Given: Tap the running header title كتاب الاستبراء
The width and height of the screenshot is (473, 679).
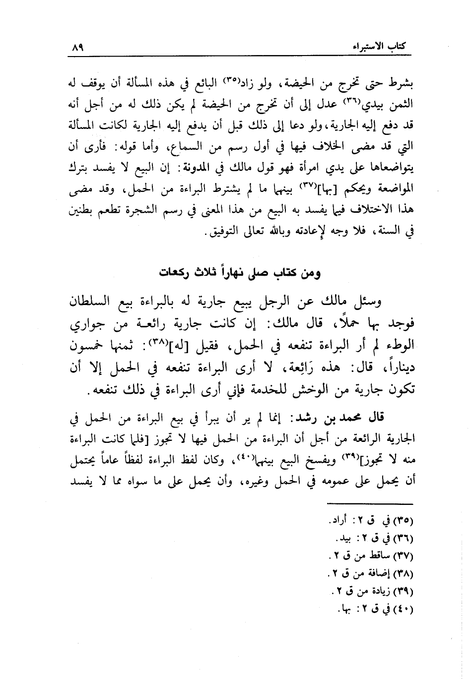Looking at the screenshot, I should point(380,48).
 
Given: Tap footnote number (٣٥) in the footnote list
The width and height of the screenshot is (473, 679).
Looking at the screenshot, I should point(404,522).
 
